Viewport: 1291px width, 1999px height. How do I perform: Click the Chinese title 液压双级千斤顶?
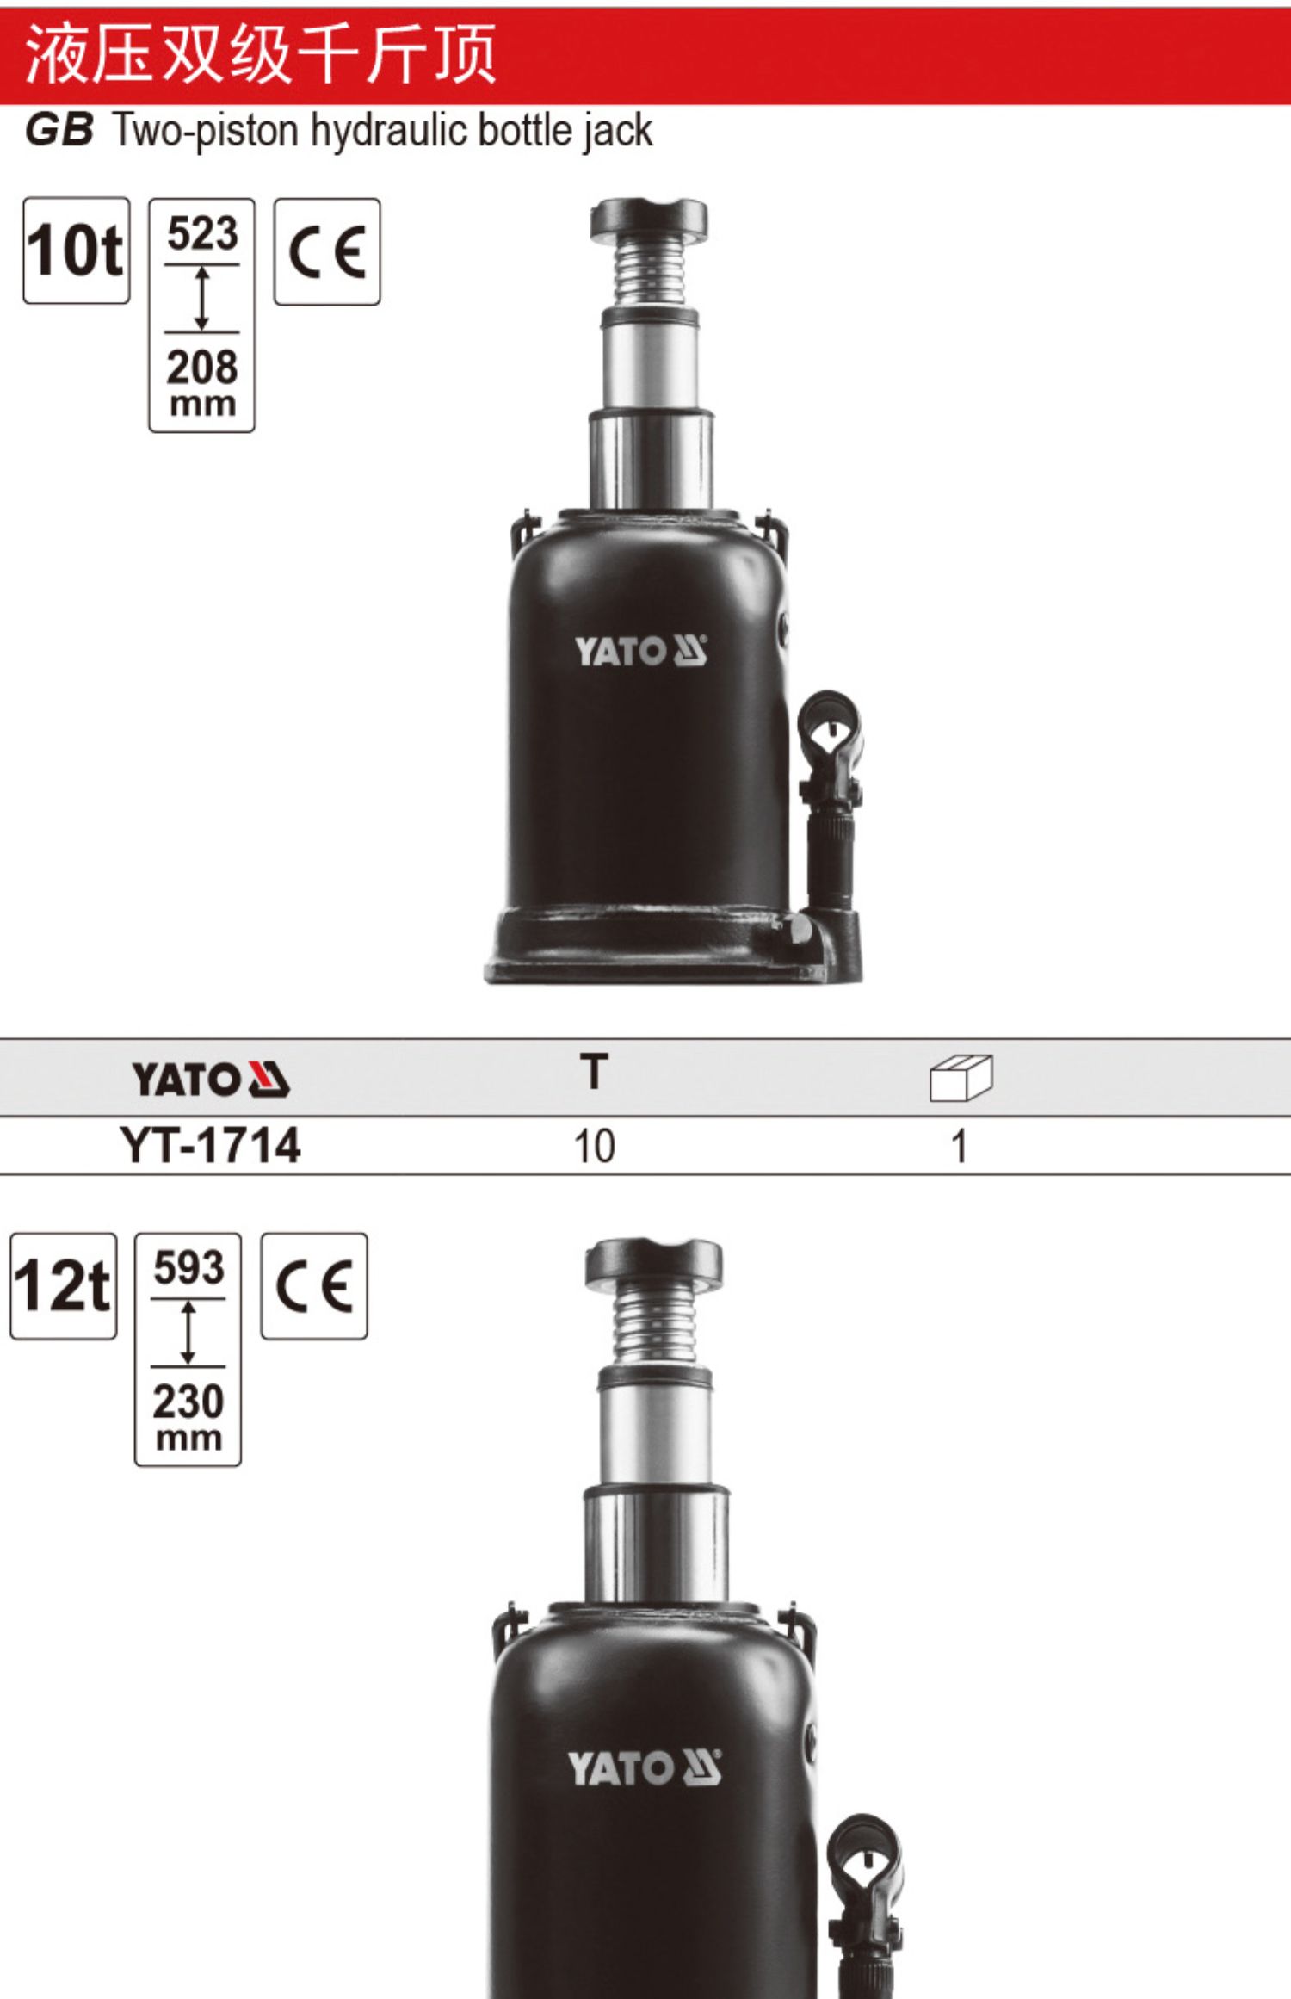click(261, 53)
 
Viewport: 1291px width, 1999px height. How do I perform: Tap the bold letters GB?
click(59, 131)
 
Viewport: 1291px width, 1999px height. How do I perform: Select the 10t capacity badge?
click(77, 251)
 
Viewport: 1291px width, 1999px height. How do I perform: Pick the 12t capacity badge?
click(64, 1285)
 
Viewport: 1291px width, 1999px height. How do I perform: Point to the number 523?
click(202, 234)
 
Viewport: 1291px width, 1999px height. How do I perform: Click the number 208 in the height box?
click(202, 368)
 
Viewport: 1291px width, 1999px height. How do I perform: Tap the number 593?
click(188, 1268)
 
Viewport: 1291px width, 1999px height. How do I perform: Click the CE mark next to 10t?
click(327, 251)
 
